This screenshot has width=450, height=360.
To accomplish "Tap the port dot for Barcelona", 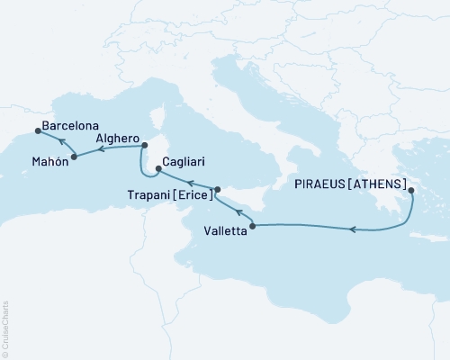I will coord(37,131).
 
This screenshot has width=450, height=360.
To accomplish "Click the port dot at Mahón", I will coord(73,157).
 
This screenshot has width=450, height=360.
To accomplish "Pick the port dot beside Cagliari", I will coord(158,167).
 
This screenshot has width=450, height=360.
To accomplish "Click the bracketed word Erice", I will coord(195,193).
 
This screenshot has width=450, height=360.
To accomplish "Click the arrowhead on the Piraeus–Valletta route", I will coord(353,231).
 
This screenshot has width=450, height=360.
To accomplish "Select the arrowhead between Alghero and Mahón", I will coord(99,151).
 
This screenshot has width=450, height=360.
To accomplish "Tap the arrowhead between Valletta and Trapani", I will coord(238,212).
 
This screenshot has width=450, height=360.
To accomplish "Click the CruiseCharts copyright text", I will coord(5,328).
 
